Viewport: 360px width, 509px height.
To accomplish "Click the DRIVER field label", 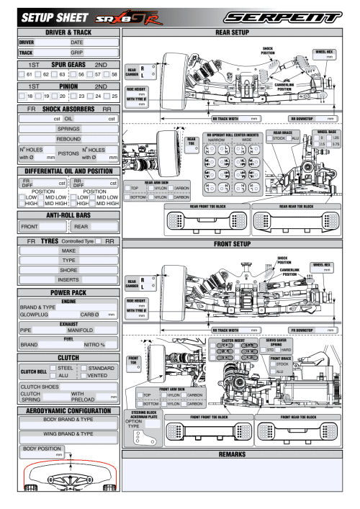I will tap(27, 42).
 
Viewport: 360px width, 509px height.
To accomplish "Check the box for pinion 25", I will tap(105, 94).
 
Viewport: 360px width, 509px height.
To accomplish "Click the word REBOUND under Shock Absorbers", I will tap(68, 139).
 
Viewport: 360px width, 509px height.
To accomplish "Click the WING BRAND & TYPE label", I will tap(68, 434).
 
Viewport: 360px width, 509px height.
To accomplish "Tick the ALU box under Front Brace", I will tap(274, 371).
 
